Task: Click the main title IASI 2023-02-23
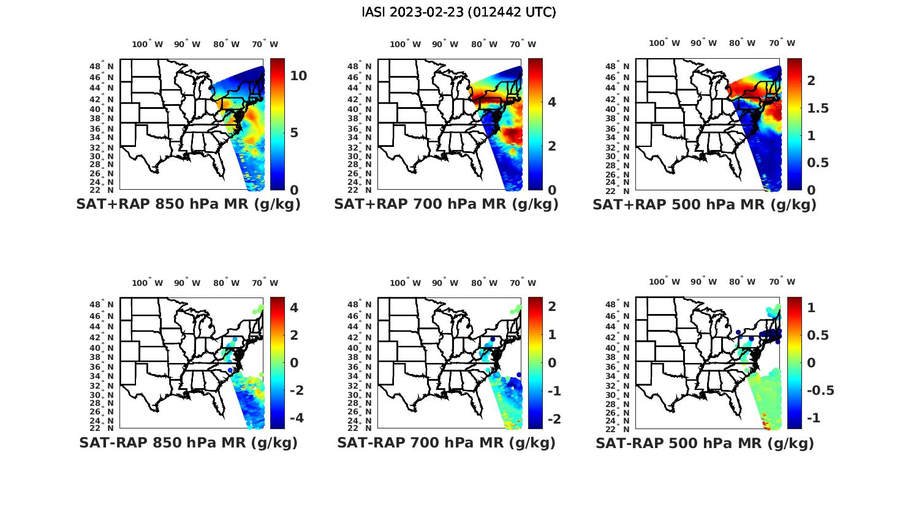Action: coord(459,12)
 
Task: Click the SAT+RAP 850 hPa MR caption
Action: coord(188,204)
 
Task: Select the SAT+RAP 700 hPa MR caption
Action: coord(446,204)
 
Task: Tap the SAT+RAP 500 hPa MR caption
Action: coord(705,204)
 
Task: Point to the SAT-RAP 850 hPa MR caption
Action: coord(188,443)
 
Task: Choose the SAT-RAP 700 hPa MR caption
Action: coord(446,443)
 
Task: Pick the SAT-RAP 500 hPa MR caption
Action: coord(705,443)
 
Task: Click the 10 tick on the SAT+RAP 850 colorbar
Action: coord(298,76)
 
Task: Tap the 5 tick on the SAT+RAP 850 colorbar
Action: coord(294,133)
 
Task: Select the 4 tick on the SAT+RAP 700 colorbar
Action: coord(552,102)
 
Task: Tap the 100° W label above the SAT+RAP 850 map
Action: coord(148,44)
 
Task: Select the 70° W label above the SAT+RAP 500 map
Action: coord(782,43)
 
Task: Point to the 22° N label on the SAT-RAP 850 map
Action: coord(102,428)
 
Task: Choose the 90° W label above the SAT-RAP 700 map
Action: coord(445,283)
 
